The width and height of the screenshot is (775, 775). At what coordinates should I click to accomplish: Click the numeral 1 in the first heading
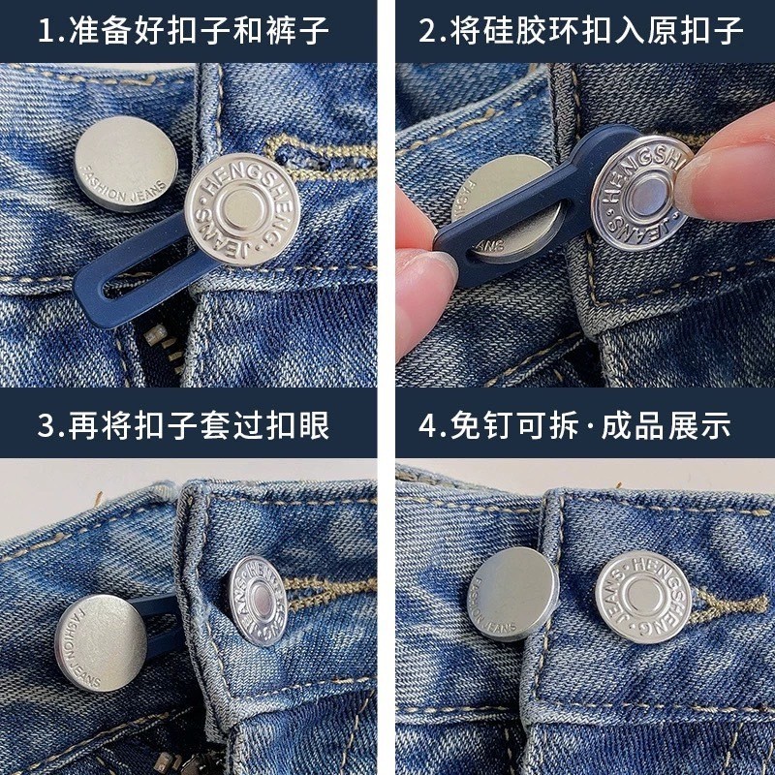46,31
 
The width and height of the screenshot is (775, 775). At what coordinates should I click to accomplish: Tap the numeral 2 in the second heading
426,31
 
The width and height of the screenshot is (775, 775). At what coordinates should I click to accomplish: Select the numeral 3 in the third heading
46,425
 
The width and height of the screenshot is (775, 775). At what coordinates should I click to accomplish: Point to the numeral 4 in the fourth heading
427,425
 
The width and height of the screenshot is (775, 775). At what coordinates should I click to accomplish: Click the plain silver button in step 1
126,164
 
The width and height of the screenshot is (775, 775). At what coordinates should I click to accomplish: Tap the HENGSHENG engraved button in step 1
242,209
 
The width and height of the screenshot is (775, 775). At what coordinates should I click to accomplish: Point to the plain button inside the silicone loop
510,206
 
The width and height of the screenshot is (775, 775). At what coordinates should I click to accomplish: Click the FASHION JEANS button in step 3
101,642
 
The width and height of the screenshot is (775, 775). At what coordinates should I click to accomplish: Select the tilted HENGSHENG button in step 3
258,601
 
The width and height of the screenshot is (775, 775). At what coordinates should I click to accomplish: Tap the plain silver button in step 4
512,594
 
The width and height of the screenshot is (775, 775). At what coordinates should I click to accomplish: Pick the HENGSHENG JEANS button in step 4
643,597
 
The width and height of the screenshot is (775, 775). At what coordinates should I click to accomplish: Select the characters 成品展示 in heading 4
666,425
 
